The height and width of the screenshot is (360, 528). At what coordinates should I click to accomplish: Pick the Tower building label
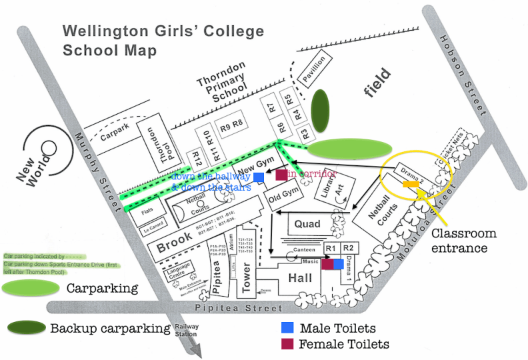point(246,277)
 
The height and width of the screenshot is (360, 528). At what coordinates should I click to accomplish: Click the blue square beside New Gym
point(259,177)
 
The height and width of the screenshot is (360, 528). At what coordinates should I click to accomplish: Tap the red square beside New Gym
point(281,175)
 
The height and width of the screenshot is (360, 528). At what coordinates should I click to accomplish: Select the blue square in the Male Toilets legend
point(287,328)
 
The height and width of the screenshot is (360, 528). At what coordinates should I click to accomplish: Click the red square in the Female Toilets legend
point(287,344)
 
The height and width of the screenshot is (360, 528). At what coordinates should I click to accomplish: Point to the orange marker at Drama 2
point(411,185)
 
